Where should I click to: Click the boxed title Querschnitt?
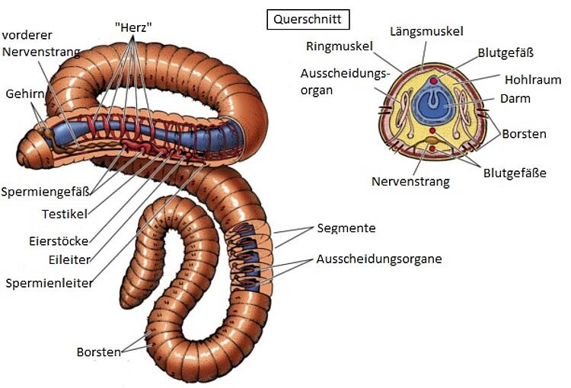(x=308, y=20)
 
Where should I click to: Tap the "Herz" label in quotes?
(x=133, y=27)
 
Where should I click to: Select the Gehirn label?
(x=25, y=94)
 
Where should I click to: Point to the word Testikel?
(x=65, y=214)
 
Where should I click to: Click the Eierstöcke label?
(x=59, y=241)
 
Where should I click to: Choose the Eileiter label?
(x=69, y=260)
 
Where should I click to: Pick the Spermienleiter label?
(x=49, y=283)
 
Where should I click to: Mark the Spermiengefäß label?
(x=45, y=192)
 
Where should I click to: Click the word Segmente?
(x=346, y=228)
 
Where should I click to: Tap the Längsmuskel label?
(x=426, y=31)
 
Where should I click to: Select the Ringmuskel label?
(x=340, y=46)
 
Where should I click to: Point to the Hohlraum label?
(x=533, y=80)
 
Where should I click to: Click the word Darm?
(x=515, y=99)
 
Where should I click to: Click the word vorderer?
(x=27, y=35)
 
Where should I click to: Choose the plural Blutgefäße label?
(x=515, y=173)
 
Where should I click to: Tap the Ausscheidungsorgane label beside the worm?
(x=379, y=259)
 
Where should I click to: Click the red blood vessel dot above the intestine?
(x=433, y=81)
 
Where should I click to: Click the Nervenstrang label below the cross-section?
(x=410, y=181)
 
